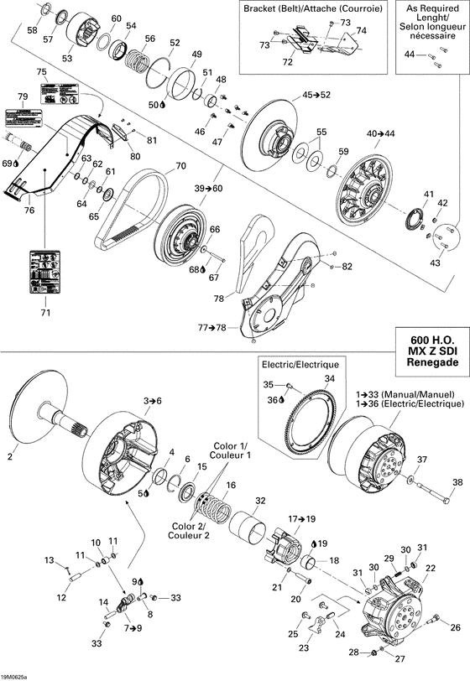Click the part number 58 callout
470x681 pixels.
click(x=32, y=30)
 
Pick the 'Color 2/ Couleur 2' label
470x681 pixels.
click(x=189, y=531)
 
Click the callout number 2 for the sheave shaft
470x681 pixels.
click(x=11, y=457)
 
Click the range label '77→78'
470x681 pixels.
click(x=211, y=329)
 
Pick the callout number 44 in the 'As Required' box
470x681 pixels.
click(x=410, y=55)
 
